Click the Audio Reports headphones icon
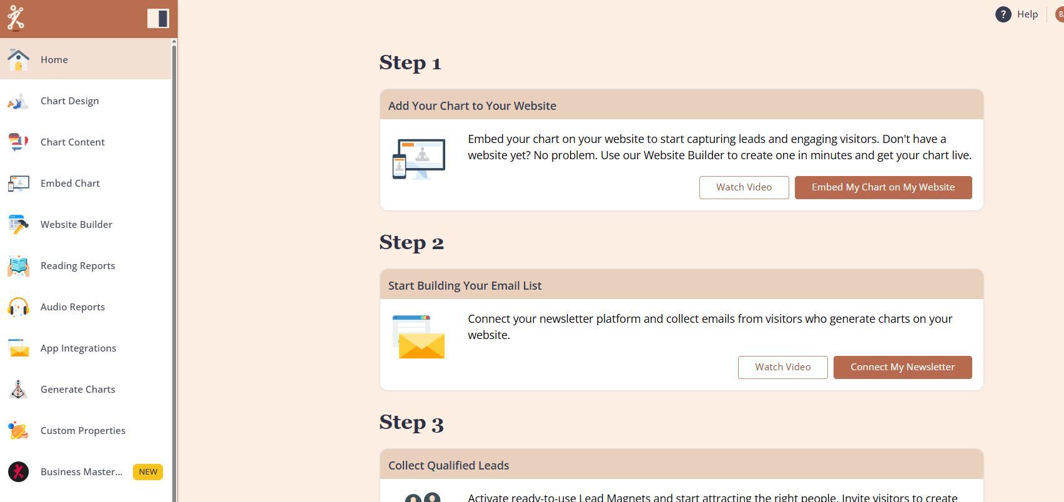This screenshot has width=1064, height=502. [x=18, y=307]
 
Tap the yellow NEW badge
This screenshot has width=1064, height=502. [x=148, y=471]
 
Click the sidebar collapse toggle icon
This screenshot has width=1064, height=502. [x=158, y=19]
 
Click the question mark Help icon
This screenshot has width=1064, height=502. [x=1003, y=14]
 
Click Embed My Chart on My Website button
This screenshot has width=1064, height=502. [x=883, y=187]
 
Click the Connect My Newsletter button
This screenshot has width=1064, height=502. [x=902, y=367]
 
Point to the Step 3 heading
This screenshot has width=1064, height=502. [x=411, y=422]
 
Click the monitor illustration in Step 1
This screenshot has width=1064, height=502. [x=419, y=159]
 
